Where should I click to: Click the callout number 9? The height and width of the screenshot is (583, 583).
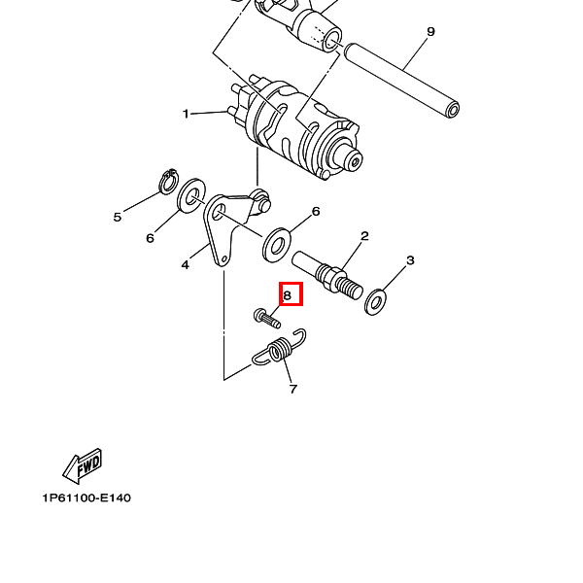[x=430, y=32]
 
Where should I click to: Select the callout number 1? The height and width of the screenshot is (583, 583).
[x=186, y=114]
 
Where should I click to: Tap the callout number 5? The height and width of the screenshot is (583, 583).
[x=118, y=217]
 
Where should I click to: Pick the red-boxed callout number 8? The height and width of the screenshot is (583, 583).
[x=287, y=295]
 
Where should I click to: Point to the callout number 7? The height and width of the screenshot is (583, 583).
[x=293, y=390]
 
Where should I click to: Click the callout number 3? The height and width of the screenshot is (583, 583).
[x=410, y=260]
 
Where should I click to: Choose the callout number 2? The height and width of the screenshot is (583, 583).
[x=364, y=236]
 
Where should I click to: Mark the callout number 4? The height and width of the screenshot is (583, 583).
[x=186, y=264]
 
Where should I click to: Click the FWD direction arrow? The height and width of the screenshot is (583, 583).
[x=83, y=466]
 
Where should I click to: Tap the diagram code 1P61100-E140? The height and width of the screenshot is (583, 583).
[x=86, y=497]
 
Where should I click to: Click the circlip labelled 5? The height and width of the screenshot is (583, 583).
[x=168, y=182]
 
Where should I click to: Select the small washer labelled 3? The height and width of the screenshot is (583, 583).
[x=375, y=302]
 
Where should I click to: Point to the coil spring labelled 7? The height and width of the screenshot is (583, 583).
[x=280, y=349]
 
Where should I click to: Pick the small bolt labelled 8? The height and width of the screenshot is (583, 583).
[x=266, y=319]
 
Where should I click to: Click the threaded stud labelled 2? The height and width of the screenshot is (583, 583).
[x=327, y=276]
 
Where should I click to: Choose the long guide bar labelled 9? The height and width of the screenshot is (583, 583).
[x=402, y=81]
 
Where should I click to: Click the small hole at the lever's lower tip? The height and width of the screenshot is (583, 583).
[x=223, y=258]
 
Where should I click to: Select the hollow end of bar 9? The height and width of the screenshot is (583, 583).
[x=453, y=111]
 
